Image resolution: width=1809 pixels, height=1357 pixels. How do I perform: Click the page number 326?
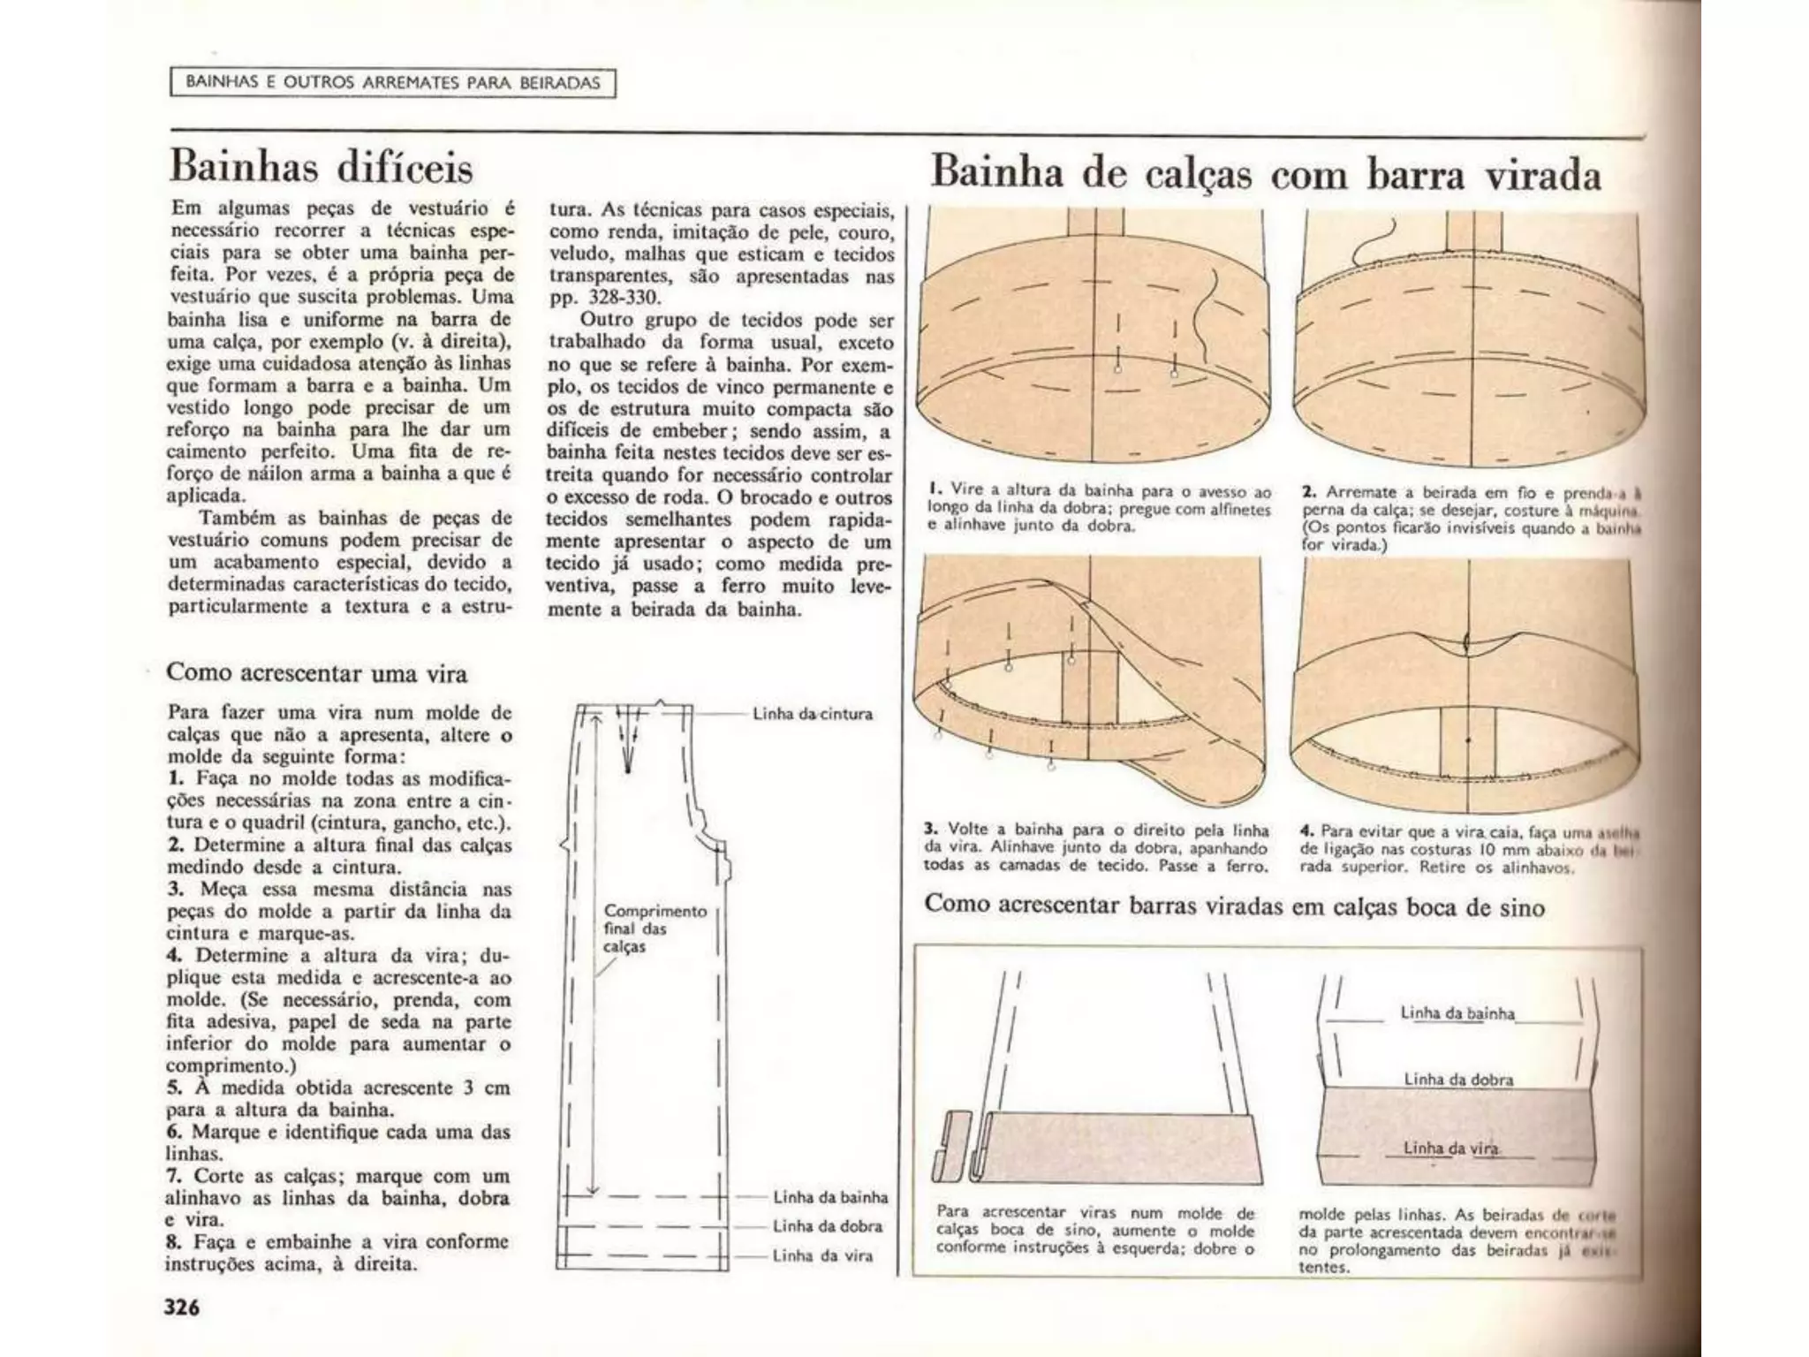point(182,1307)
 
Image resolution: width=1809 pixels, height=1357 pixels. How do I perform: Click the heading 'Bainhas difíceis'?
point(322,167)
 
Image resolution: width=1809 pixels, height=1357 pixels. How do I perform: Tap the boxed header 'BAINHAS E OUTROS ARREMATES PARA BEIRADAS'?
point(392,83)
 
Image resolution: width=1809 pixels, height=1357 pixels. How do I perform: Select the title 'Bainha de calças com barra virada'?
point(1266,174)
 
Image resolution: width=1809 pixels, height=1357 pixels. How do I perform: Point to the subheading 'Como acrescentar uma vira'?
point(317,673)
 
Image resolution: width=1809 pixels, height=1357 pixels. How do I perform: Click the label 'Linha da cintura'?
point(812,714)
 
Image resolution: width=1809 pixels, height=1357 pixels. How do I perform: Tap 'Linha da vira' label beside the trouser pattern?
point(821,1255)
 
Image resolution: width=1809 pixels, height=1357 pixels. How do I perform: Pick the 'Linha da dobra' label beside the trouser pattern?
point(827,1226)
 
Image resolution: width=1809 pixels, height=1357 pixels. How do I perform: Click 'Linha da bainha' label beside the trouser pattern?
point(829,1197)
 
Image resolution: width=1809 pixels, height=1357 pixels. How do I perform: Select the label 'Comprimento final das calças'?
point(655,929)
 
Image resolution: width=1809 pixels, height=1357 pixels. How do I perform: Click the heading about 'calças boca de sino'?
point(1234,906)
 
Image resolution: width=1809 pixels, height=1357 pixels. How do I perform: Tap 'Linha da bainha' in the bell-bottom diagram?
point(1457,1013)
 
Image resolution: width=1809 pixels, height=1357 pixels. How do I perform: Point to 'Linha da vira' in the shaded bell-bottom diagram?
point(1450,1149)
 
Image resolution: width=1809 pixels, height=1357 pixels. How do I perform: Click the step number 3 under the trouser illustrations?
point(930,830)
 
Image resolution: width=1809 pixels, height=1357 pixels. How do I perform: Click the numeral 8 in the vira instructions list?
point(173,1242)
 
